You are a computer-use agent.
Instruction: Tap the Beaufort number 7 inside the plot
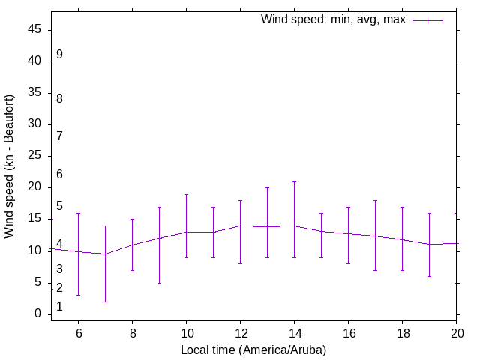(x=59, y=136)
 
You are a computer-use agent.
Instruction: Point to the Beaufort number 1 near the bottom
(x=59, y=307)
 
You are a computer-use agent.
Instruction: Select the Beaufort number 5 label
(x=59, y=206)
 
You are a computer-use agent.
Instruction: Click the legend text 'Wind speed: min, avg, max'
(x=333, y=19)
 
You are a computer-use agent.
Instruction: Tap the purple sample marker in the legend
(x=427, y=20)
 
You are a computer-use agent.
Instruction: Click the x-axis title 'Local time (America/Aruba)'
(x=253, y=349)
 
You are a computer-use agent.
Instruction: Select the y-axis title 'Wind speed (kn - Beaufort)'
(x=10, y=166)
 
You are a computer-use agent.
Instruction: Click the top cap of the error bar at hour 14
(x=294, y=181)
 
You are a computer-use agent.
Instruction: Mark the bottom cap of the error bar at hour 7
(x=105, y=301)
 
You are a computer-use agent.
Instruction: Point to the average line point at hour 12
(x=240, y=226)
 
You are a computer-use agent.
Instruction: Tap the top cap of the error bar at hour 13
(x=267, y=187)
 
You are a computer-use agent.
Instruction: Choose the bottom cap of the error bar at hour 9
(x=159, y=283)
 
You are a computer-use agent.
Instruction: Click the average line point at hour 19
(x=429, y=244)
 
